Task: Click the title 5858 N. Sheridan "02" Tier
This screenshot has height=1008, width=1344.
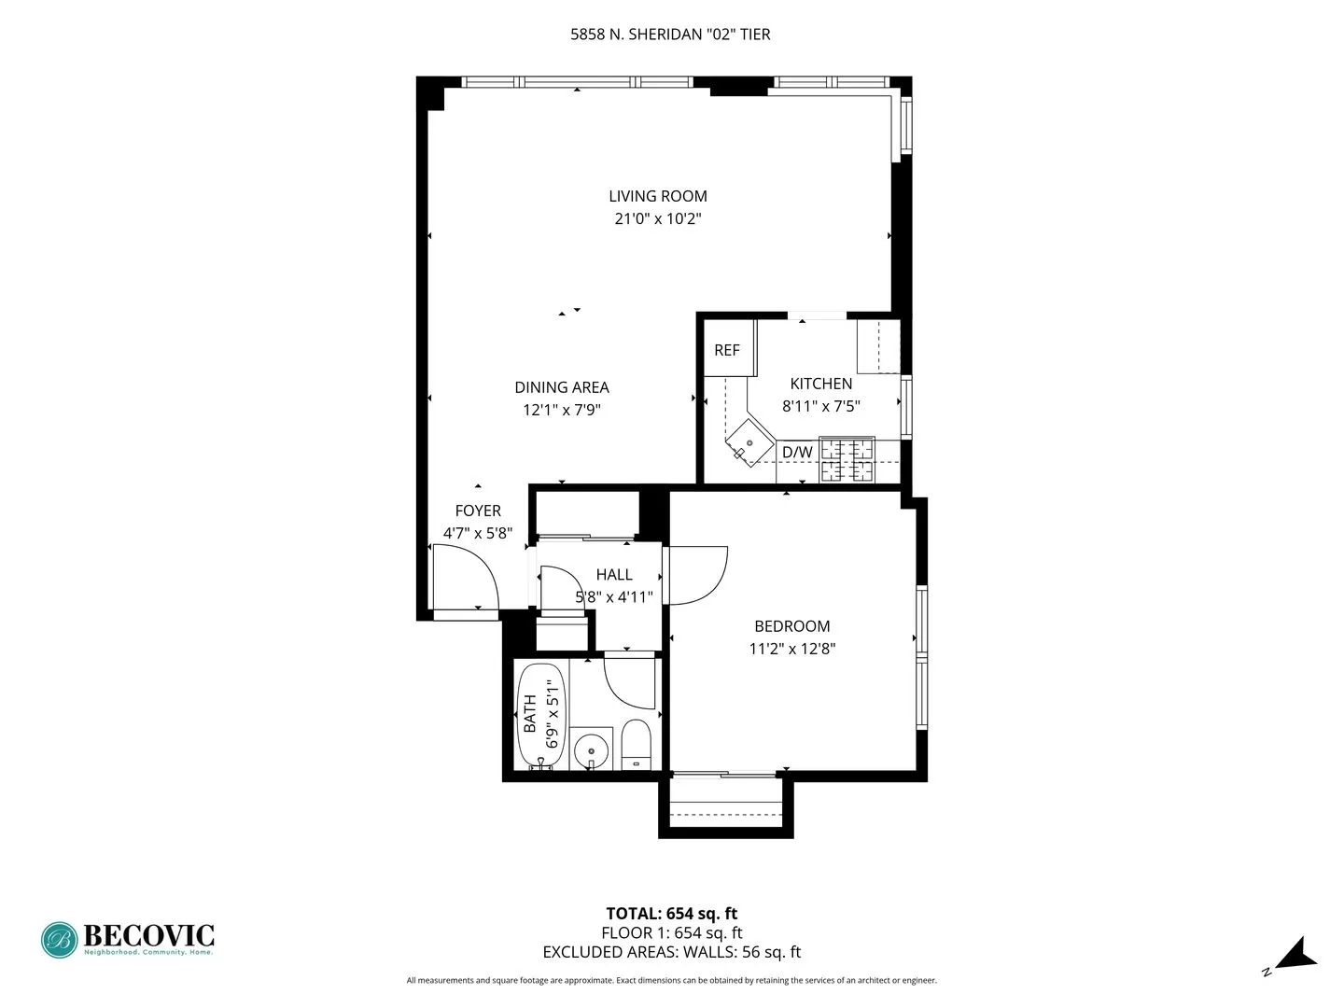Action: click(x=670, y=35)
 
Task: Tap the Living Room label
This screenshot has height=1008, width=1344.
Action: click(x=658, y=196)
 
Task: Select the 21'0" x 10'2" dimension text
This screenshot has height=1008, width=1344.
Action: click(x=658, y=219)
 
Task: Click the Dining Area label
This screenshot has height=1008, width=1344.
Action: click(x=562, y=387)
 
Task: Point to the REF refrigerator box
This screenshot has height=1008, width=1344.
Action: click(x=728, y=349)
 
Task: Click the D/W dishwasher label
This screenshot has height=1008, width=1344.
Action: click(x=797, y=453)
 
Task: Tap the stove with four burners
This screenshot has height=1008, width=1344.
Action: click(x=847, y=460)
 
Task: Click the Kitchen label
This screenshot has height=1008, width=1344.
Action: click(x=821, y=384)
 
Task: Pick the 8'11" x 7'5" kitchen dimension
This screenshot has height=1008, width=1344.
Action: click(x=821, y=406)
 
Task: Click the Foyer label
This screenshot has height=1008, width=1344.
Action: click(x=478, y=511)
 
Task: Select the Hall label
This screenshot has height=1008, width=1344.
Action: click(x=614, y=575)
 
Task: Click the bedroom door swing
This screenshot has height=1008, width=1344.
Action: click(x=696, y=575)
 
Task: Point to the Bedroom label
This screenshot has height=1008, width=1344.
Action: click(x=792, y=626)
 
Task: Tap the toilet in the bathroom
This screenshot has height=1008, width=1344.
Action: click(x=637, y=745)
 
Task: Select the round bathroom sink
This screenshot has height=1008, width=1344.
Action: click(x=591, y=749)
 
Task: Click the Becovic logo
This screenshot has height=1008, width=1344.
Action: click(x=128, y=939)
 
